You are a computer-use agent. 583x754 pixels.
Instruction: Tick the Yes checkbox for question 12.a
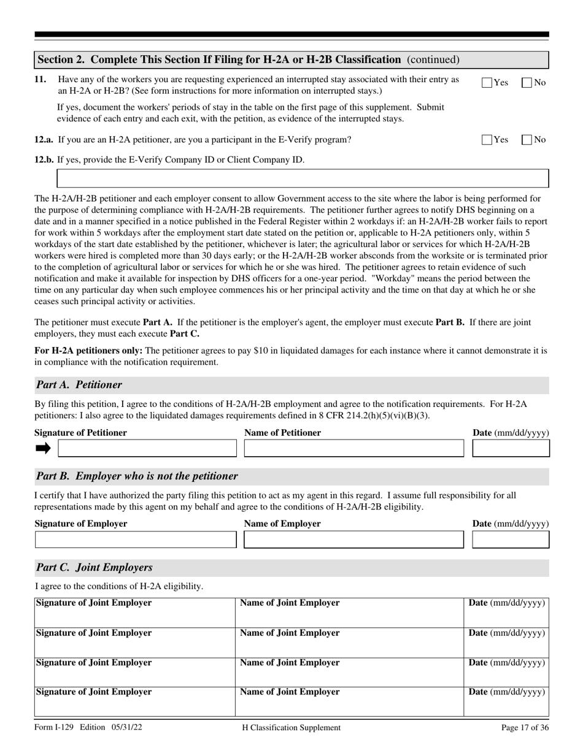coord(487,140)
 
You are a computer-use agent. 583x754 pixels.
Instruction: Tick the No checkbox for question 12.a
coord(527,140)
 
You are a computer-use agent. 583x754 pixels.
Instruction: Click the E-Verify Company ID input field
coord(303,178)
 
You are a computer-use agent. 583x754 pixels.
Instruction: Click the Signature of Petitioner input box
coord(147,449)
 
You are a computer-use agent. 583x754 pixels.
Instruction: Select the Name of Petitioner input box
coord(353,449)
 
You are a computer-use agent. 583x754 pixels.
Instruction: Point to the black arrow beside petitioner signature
coord(43,449)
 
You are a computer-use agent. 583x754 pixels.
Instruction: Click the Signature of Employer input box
coord(136,539)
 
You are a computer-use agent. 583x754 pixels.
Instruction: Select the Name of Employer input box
coord(353,539)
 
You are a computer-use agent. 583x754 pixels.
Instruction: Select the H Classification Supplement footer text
coord(291,728)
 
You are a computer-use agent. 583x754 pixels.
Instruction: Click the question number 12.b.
coord(44,160)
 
